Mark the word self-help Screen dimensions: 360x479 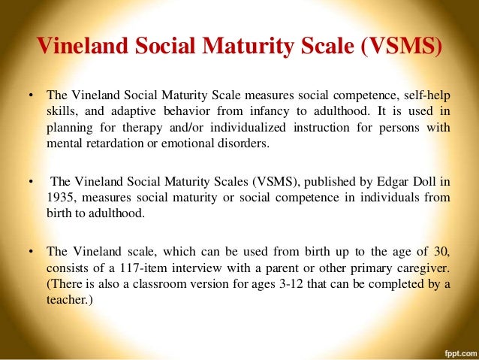426,97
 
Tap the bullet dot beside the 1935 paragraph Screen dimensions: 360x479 32,182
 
